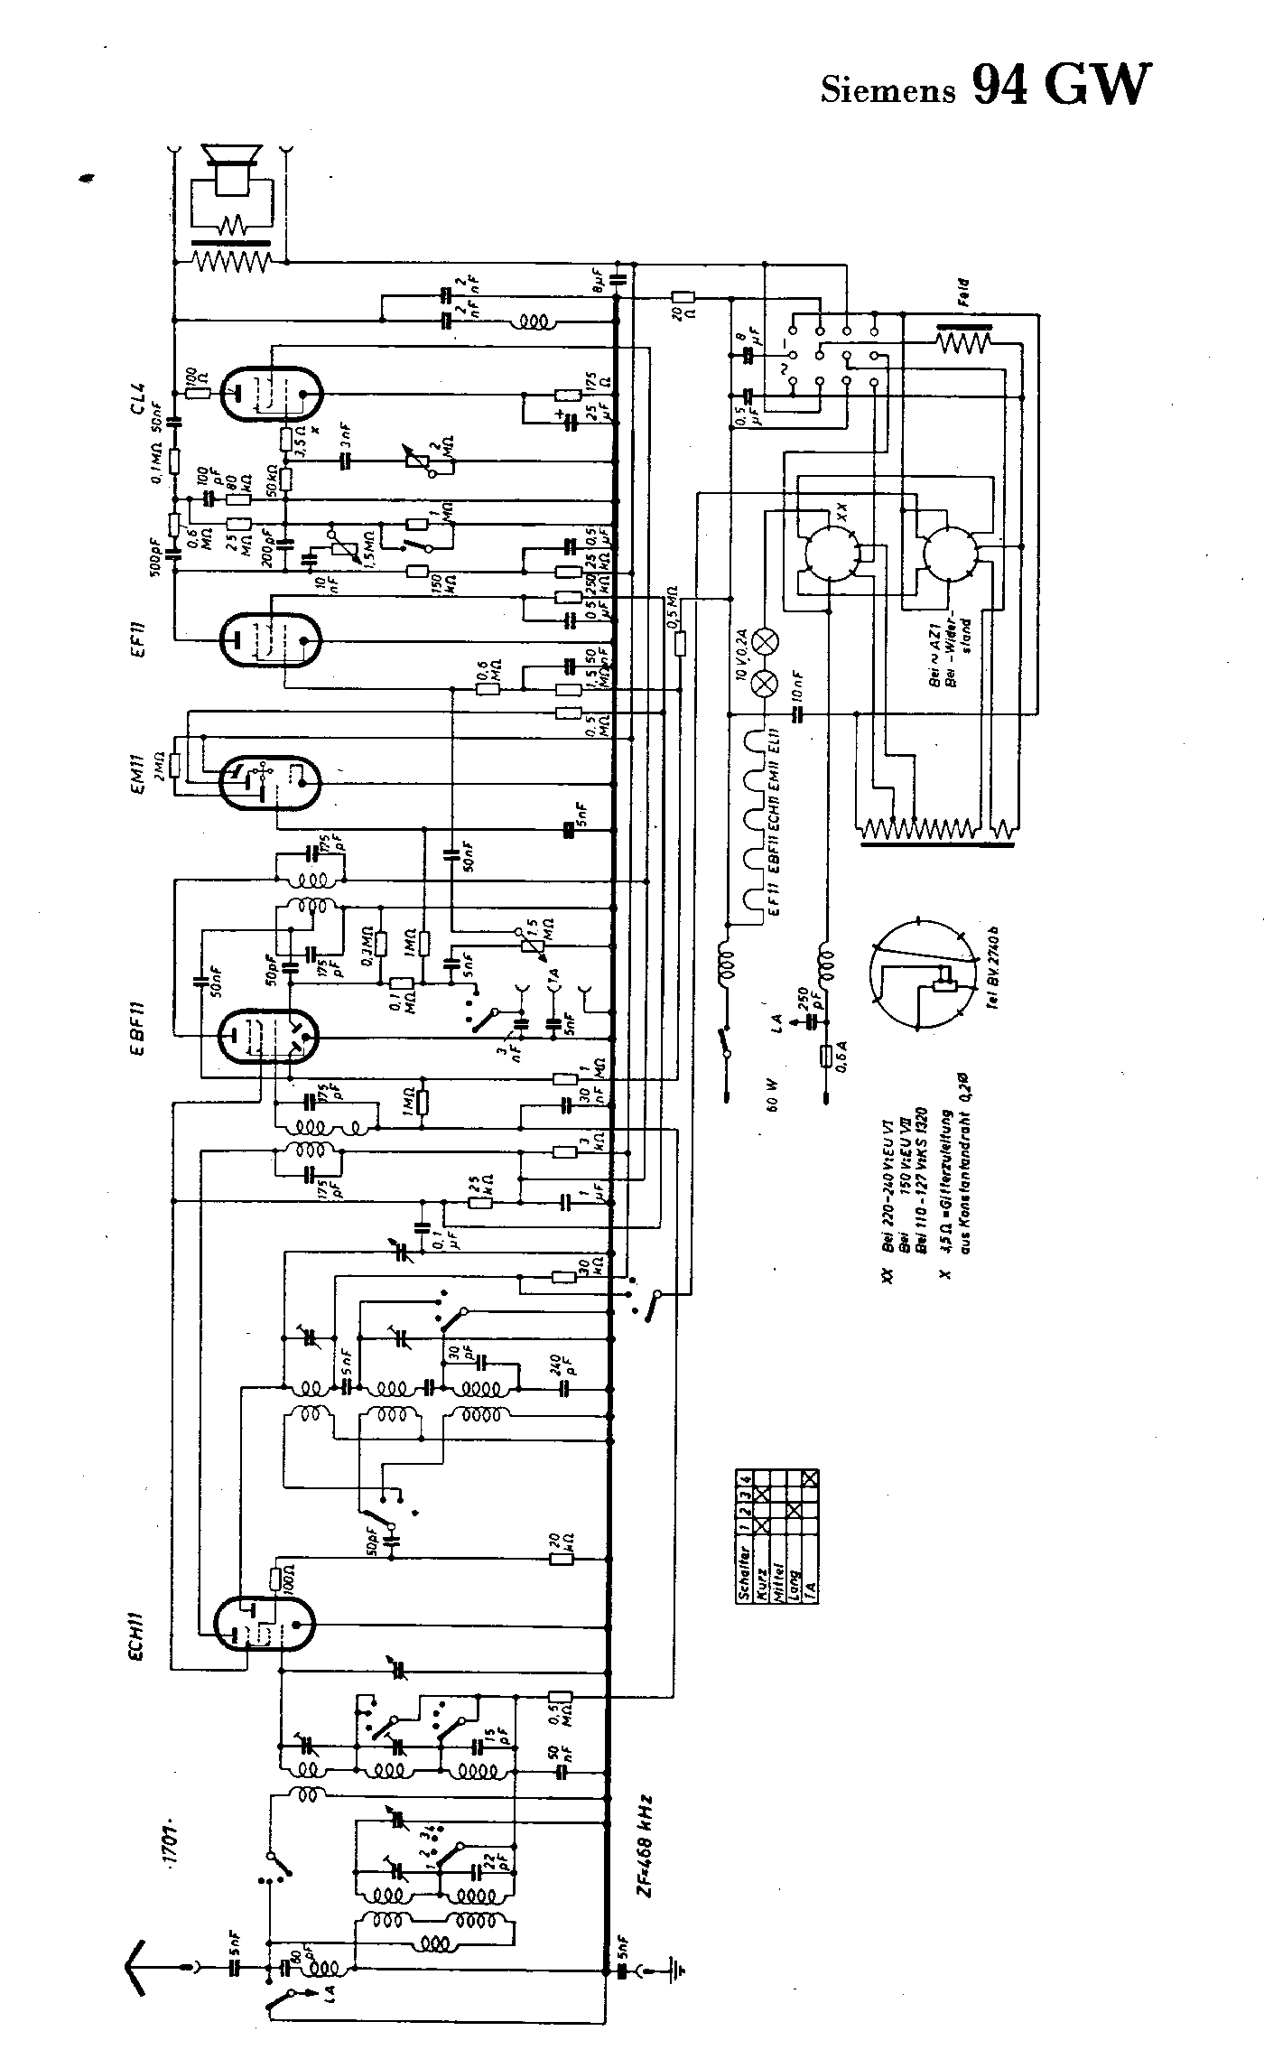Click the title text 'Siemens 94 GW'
986,88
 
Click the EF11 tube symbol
269,638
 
